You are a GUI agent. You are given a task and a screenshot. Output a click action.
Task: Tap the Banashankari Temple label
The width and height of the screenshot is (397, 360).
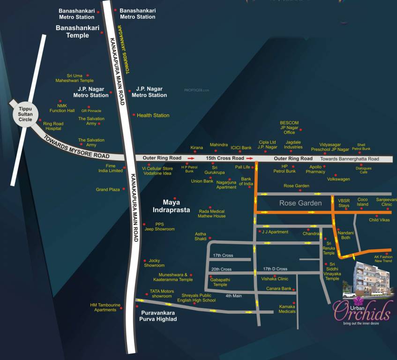point(77,31)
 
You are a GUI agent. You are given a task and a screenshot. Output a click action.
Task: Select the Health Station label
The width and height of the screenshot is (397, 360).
point(153,115)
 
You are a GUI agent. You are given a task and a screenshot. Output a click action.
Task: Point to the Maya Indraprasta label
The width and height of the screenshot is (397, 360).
point(176,206)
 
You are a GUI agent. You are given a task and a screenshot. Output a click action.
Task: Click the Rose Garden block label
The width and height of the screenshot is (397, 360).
point(300,203)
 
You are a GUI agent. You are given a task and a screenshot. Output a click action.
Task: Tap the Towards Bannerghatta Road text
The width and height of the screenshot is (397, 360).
point(356,159)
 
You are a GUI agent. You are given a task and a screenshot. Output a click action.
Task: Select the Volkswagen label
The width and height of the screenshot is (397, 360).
point(338,179)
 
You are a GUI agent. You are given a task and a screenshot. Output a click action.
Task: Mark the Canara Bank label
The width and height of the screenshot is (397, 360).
point(279,289)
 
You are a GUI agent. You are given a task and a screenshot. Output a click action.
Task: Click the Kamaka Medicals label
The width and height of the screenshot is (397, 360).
point(287,309)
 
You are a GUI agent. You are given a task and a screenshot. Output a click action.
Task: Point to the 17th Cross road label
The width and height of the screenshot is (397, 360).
point(223,255)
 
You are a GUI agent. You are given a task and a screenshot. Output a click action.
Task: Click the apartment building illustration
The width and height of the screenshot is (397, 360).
point(371,280)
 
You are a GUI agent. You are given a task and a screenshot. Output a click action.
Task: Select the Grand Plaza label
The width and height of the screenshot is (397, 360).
point(108,190)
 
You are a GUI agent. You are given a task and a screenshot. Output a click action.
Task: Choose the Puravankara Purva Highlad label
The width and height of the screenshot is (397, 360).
point(158,315)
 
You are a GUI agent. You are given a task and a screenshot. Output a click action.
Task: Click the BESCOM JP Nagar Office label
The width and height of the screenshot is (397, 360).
point(289,127)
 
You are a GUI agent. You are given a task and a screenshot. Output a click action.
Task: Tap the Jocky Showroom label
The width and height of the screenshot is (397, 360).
point(154,263)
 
